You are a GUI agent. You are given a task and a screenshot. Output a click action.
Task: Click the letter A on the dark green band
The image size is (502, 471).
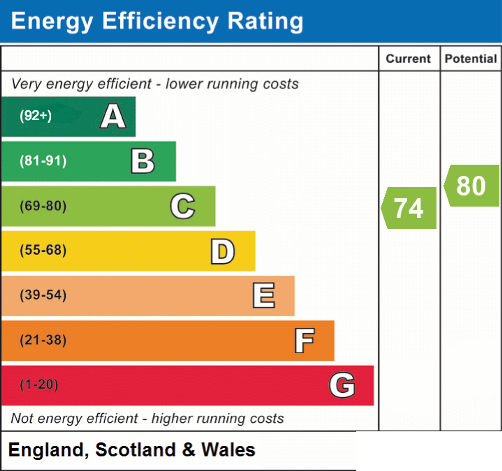pos(113,116)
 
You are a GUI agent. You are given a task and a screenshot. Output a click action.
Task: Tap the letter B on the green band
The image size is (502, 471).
pos(143,161)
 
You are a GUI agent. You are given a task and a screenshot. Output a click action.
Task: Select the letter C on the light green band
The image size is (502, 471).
pos(182,206)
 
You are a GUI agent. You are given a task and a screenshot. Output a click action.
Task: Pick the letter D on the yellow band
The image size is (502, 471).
pos(223,251)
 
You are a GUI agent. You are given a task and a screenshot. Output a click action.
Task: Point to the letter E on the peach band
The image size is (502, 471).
pos(264,295)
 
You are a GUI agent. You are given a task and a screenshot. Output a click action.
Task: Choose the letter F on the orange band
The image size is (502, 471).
pos(304,341)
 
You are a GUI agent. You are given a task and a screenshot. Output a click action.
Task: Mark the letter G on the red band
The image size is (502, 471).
pos(342,385)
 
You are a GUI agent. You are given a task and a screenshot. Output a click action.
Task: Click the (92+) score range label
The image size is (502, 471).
pos(36,116)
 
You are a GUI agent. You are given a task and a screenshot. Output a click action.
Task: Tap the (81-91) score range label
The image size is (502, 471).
pos(43,161)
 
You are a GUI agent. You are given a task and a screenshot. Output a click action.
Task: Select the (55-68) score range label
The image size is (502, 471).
pos(43,250)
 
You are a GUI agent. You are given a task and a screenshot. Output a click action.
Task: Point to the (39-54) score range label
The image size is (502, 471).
pos(43,295)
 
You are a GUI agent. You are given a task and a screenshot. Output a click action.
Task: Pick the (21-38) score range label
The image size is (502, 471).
pos(43,340)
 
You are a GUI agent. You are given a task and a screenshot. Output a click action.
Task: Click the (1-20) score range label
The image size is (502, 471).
pos(39,385)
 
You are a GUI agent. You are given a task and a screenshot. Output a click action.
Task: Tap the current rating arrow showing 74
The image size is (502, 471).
pos(409,208)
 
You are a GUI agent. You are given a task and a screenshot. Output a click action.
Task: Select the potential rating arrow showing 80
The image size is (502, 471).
pos(471,186)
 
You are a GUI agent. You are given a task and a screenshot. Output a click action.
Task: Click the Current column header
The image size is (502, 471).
pos(408,59)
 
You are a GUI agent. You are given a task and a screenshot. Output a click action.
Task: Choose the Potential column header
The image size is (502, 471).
pos(471,59)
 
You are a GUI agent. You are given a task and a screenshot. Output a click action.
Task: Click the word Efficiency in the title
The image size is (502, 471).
pos(160,22)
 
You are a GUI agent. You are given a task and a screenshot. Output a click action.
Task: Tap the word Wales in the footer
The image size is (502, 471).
pos(228,450)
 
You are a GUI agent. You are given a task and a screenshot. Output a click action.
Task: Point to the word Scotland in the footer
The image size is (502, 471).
pos(135,450)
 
